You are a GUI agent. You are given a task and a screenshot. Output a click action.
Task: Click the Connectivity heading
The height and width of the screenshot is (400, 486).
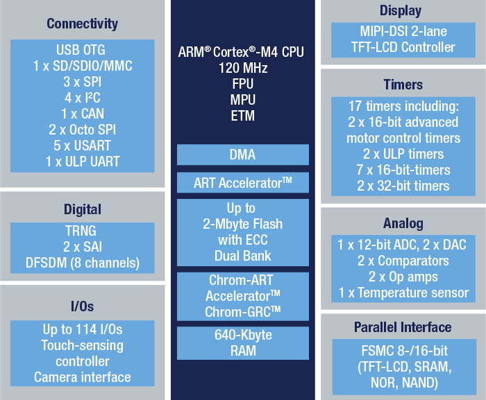[82, 24]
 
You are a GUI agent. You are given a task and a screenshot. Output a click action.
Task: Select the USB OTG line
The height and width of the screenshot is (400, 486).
[81, 50]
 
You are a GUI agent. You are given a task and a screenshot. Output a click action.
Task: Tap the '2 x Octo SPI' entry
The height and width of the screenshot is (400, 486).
[82, 130]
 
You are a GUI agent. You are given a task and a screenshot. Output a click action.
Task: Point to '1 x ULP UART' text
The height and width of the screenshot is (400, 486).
[83, 162]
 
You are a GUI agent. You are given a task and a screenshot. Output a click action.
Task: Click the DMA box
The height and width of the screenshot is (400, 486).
[243, 155]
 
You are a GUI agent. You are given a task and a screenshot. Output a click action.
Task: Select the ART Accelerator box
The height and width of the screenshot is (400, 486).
[243, 182]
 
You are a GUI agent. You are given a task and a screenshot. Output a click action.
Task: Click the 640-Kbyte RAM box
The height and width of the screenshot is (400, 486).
[243, 343]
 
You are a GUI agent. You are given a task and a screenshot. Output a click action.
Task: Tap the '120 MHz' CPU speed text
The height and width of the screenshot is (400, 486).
[243, 68]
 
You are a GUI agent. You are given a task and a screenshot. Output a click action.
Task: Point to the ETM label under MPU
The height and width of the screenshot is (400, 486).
[243, 116]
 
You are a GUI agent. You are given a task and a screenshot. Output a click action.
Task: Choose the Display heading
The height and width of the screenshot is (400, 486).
[401, 10]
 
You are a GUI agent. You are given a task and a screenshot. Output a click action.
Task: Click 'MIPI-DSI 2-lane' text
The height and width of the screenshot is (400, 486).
[403, 31]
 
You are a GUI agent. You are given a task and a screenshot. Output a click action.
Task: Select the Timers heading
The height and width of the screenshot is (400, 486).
[403, 85]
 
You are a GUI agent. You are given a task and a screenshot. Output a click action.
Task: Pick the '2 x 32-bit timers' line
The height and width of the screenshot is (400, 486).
[403, 186]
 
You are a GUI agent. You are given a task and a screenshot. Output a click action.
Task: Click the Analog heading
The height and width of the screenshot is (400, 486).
[403, 223]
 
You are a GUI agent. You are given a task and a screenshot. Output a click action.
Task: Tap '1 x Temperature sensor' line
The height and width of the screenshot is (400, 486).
[403, 293]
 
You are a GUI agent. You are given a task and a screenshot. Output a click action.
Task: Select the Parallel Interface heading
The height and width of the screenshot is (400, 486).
[403, 327]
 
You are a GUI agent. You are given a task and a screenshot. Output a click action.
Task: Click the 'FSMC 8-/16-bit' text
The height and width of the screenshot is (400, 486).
[404, 351]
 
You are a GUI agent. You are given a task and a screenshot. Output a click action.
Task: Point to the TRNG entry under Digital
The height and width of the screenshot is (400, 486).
[81, 231]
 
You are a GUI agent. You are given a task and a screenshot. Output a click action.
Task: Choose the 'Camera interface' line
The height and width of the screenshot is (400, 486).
[82, 377]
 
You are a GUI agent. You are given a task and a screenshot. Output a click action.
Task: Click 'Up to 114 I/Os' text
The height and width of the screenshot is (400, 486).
[83, 329]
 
